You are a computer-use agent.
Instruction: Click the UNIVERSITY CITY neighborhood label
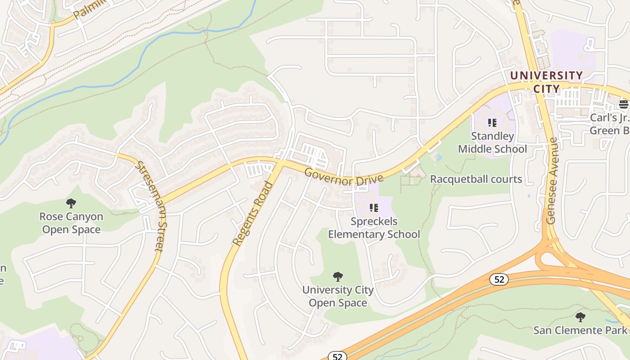(546, 81)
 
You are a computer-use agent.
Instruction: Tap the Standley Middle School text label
(492, 142)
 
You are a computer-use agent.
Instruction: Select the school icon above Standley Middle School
(492, 122)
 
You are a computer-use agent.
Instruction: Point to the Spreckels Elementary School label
(373, 228)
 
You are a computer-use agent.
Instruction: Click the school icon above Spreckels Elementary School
(373, 207)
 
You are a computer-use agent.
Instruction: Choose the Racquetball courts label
(476, 179)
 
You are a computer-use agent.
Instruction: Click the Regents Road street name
(253, 213)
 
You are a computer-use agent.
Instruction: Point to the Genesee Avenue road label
(552, 181)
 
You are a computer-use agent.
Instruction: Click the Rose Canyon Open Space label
(71, 223)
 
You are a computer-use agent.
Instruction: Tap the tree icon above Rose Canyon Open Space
(71, 203)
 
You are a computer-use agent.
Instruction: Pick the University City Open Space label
(337, 296)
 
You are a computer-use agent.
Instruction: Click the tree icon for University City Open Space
(337, 277)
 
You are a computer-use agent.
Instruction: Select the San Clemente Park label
(580, 330)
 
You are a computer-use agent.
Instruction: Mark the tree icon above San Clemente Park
(580, 317)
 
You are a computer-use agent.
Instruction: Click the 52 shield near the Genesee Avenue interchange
(499, 279)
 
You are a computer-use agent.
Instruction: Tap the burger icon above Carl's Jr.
(624, 104)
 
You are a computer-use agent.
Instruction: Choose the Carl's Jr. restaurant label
(610, 124)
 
